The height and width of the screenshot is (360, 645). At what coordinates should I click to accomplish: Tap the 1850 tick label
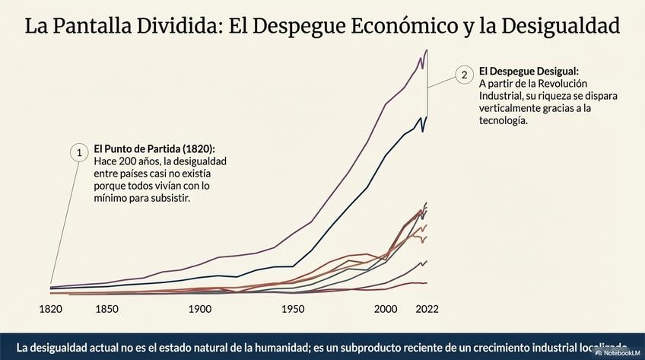pos(107,309)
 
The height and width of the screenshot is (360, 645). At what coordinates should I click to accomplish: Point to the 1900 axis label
pos(200,309)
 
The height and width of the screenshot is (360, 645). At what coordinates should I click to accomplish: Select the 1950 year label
pos(293,309)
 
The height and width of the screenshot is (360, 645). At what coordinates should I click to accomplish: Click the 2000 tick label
pos(386,309)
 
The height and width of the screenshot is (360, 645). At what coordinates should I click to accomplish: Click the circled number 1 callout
pos(78,152)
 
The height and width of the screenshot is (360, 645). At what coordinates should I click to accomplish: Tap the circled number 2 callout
pos(463,75)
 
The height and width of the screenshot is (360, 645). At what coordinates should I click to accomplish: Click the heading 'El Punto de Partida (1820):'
pos(154,149)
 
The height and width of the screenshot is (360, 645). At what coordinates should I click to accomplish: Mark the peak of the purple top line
pos(427,50)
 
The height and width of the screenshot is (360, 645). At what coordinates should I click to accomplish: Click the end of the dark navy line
pos(427,116)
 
